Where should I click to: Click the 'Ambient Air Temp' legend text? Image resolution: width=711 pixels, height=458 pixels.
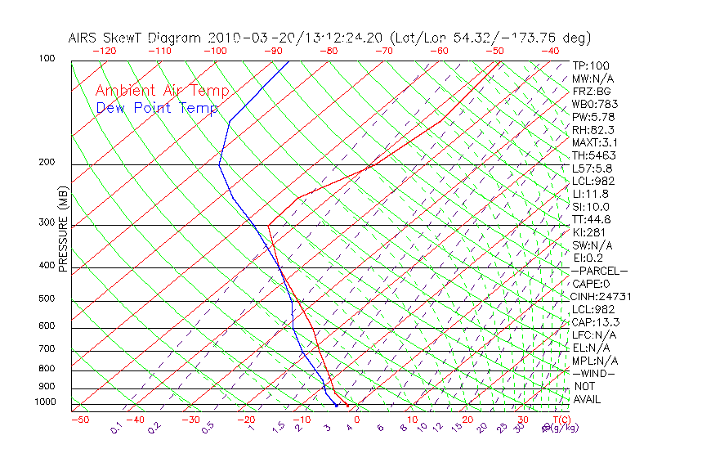pos(163,91)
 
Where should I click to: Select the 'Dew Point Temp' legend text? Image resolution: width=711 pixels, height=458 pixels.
pos(157,108)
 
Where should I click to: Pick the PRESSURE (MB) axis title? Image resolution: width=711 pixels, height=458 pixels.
pos(63,229)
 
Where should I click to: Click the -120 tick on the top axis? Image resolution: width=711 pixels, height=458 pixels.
pos(104,50)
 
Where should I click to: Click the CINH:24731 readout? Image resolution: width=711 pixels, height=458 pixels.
pos(601,296)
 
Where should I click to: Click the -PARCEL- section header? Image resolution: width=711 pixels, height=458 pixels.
pos(600,271)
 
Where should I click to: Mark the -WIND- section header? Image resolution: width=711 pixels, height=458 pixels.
pos(593,373)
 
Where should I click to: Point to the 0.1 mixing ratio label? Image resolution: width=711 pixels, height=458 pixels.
pos(116,427)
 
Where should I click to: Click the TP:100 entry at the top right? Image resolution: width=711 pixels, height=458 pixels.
pos(591,65)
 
